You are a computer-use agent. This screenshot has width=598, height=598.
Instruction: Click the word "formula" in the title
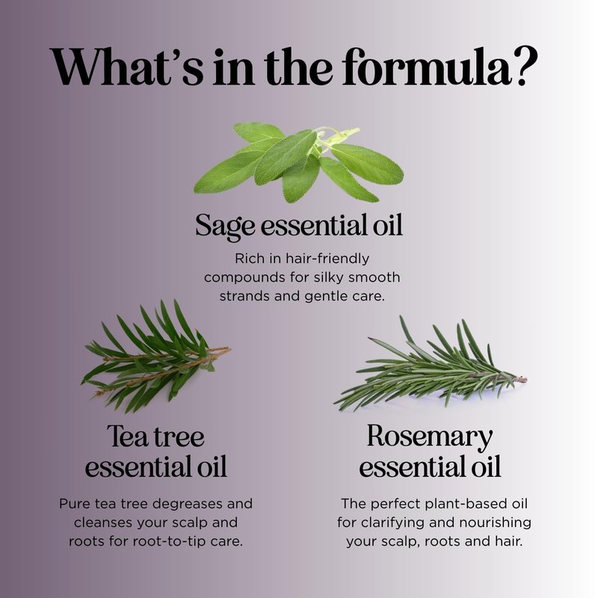click(x=426, y=67)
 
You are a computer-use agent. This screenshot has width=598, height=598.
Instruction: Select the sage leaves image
click(x=298, y=162)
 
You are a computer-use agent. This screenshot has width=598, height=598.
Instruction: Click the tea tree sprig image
click(x=155, y=357)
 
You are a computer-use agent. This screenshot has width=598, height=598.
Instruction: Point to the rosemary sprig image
click(x=430, y=365)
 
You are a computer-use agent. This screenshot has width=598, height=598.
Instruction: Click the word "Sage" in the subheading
click(x=225, y=226)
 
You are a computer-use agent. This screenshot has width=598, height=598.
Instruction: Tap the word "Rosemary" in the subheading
click(x=430, y=437)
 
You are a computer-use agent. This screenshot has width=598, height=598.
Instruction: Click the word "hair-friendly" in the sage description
click(x=327, y=259)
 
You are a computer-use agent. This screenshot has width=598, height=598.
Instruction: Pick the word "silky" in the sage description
click(x=328, y=277)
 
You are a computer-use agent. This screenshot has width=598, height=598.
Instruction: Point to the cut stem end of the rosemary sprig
click(x=523, y=379)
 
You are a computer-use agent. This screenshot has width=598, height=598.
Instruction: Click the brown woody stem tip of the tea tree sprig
click(x=227, y=348)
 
